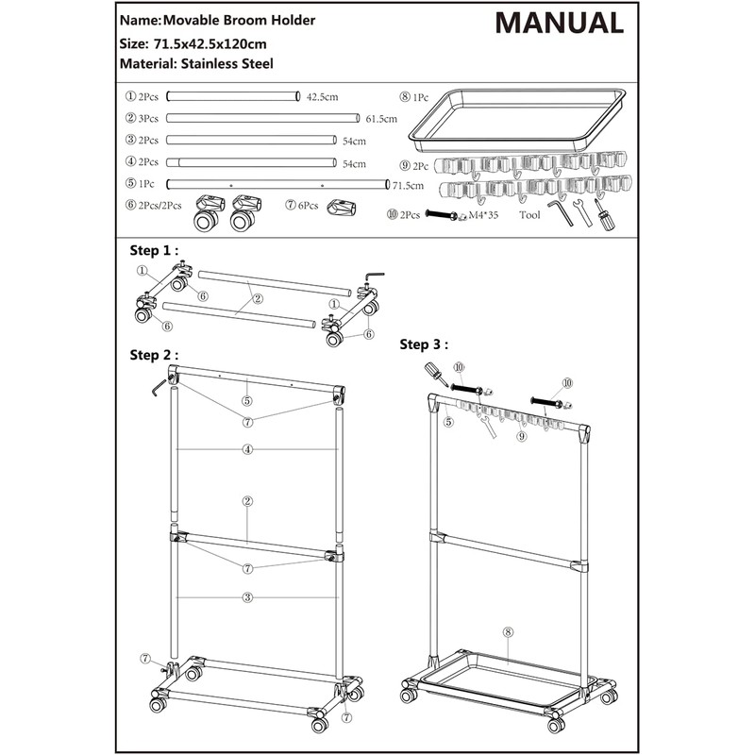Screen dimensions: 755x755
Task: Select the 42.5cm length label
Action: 323,96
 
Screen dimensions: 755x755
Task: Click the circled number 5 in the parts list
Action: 130,184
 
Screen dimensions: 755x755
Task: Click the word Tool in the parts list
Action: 530,215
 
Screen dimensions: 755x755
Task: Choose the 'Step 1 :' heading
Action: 153,251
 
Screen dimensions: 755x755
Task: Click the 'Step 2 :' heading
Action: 153,355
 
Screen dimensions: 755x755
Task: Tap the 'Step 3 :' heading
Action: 424,344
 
